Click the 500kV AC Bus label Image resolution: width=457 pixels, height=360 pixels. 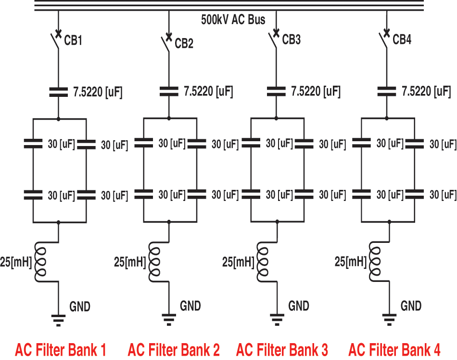click(x=233, y=20)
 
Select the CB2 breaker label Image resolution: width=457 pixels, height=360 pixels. click(x=184, y=44)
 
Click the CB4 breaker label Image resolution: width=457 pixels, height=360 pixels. click(x=402, y=40)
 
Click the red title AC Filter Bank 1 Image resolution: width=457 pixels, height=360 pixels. click(x=61, y=349)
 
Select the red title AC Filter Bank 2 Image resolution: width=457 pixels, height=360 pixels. click(x=174, y=349)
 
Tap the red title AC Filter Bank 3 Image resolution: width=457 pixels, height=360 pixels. click(x=282, y=349)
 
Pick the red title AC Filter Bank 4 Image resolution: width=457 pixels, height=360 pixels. click(x=394, y=349)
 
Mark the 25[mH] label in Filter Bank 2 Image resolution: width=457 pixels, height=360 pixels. click(x=130, y=263)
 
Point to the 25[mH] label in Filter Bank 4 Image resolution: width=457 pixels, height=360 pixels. click(x=350, y=262)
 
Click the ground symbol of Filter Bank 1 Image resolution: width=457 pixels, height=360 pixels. click(x=58, y=319)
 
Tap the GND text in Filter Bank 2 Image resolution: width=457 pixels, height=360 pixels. click(x=190, y=306)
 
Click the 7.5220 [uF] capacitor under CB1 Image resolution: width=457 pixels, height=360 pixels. click(x=58, y=92)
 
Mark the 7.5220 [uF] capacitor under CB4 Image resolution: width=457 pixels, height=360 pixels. click(x=387, y=92)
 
